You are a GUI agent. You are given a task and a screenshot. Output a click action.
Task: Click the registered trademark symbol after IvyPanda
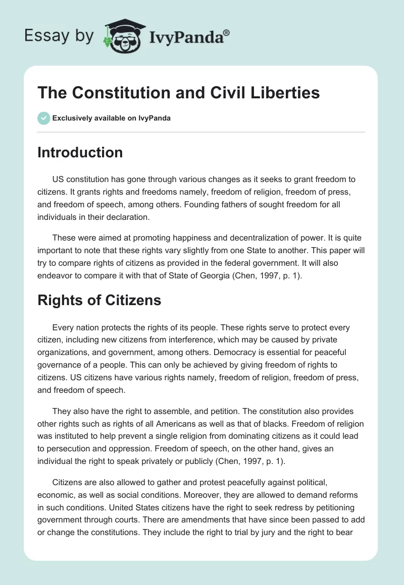(227, 32)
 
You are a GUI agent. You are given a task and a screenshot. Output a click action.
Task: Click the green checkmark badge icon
(43, 118)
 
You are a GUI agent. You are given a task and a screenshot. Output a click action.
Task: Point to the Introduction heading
(80, 152)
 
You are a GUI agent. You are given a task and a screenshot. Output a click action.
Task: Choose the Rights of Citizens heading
(99, 300)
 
